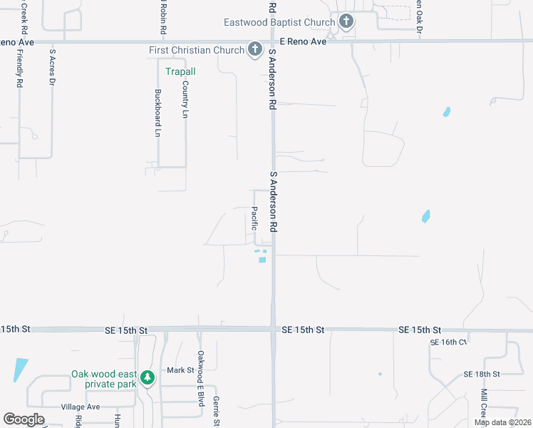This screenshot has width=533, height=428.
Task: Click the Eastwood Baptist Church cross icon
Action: tap(346, 21)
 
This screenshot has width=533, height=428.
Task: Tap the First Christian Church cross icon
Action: tap(255, 50)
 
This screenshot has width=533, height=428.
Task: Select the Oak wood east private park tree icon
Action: tap(147, 377)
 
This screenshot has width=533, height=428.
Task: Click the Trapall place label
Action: tap(180, 71)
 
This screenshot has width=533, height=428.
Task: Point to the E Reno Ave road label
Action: tap(303, 42)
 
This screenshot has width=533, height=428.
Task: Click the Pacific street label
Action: tap(254, 218)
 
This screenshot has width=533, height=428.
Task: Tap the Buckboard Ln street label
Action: tap(157, 113)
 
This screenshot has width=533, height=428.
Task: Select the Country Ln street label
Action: tap(185, 99)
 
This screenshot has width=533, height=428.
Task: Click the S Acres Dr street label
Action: tap(52, 67)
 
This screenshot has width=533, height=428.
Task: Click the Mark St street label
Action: tap(180, 370)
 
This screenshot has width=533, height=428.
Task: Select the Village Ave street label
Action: tap(81, 407)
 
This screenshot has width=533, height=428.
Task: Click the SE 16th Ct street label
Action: tap(447, 342)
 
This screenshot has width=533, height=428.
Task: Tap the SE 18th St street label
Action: tap(482, 374)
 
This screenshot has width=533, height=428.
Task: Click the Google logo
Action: tap(24, 419)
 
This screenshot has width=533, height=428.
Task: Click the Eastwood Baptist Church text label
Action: tap(279, 22)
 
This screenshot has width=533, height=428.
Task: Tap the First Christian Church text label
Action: tap(197, 51)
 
